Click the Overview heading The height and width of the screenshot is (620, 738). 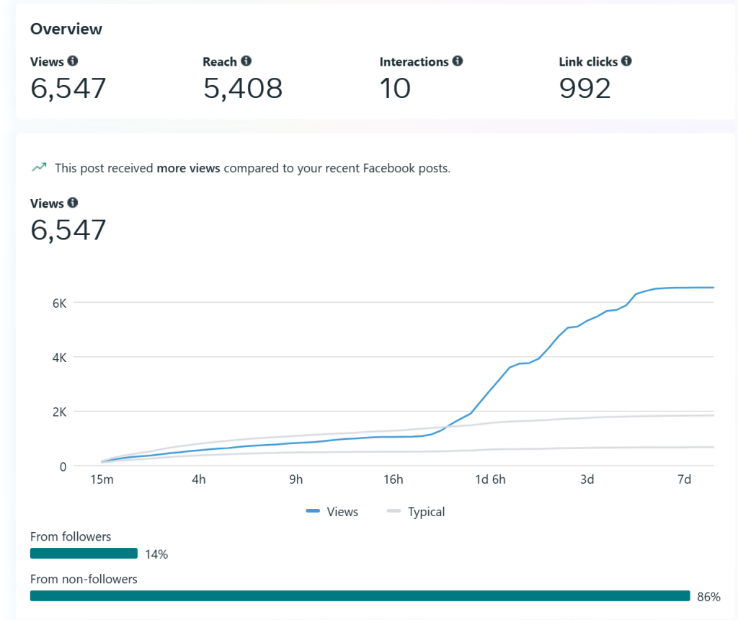coord(66,30)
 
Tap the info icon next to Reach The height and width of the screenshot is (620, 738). coord(246,61)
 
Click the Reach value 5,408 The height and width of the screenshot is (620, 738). coord(243,88)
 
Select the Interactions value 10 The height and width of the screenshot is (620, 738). coord(395,88)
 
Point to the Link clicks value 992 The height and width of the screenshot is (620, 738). coord(584,88)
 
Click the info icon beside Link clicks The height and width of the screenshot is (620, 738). coord(626,61)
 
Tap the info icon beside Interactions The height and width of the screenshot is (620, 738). coord(458,61)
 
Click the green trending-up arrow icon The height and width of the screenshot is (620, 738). coord(38,168)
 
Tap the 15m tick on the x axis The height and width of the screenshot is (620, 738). coord(102,479)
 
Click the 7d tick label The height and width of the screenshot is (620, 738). coord(685,479)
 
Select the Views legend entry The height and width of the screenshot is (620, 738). coord(332,512)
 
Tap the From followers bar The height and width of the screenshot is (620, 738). coord(84,553)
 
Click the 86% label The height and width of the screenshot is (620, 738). coord(708,596)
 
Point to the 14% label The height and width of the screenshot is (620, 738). coord(156,554)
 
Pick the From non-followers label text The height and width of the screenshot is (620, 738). coord(84,578)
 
